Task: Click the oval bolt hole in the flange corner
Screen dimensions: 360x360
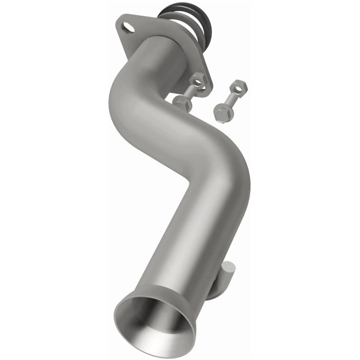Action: point(127,26)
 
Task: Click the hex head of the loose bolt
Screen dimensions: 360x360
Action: point(223,114)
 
